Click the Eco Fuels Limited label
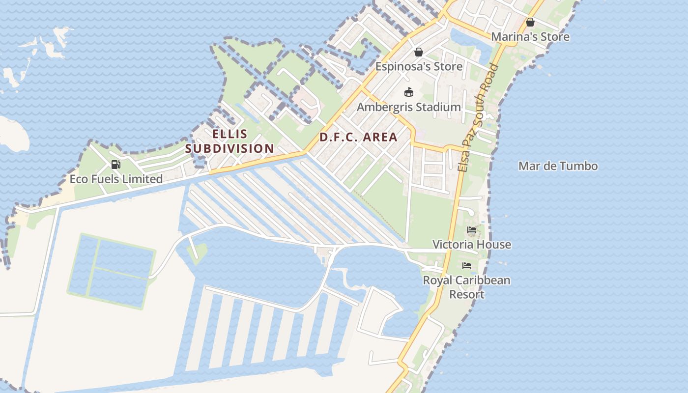(116, 179)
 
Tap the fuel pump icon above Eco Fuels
(116, 165)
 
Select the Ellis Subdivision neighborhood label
(229, 141)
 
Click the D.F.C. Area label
(358, 137)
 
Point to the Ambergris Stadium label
(409, 107)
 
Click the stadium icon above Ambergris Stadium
(409, 92)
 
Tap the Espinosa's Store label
(419, 66)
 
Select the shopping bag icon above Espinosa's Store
(419, 52)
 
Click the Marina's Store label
(530, 37)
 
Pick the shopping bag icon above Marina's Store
(530, 22)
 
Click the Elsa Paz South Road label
(478, 118)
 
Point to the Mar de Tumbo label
(558, 166)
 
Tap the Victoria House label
(472, 245)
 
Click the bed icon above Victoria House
(472, 230)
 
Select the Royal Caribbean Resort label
(467, 287)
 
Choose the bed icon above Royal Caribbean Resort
(467, 266)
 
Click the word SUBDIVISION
(229, 148)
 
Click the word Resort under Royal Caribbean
(467, 294)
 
